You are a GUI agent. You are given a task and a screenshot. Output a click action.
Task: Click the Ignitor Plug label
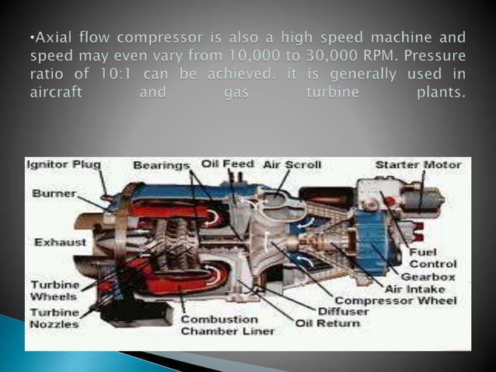64,165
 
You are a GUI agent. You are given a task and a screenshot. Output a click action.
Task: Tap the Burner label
54,191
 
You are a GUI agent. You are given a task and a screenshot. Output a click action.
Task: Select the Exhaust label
60,242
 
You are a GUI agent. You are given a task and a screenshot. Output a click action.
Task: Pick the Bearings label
162,166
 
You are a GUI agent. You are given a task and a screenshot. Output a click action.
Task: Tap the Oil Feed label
227,164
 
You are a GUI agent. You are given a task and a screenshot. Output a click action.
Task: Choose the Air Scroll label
292,165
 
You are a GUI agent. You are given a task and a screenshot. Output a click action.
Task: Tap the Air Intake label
412,289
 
